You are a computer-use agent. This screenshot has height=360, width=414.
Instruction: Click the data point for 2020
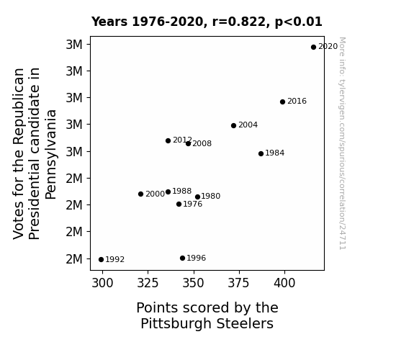click(313, 48)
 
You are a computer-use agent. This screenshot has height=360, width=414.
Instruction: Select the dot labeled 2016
click(282, 102)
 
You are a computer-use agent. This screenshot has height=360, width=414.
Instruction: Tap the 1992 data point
click(101, 260)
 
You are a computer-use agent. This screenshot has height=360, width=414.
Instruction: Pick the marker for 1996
click(182, 258)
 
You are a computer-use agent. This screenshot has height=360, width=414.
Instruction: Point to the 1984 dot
click(261, 153)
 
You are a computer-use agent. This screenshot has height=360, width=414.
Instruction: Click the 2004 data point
click(234, 125)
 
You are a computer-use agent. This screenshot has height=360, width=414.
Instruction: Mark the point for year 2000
click(140, 194)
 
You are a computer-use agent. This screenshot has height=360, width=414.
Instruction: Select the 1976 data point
click(179, 204)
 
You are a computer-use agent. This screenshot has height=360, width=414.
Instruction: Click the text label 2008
click(202, 144)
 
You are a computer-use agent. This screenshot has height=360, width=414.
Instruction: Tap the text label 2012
click(182, 140)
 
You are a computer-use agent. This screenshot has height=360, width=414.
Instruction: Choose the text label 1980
click(211, 197)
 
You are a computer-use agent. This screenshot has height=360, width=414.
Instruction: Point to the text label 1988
click(182, 191)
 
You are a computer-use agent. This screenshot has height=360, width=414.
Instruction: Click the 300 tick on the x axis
click(102, 283)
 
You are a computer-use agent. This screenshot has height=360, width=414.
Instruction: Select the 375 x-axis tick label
click(238, 283)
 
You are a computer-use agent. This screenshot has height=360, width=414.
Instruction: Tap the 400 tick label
click(284, 283)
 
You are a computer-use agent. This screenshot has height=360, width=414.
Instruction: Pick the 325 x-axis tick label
click(148, 283)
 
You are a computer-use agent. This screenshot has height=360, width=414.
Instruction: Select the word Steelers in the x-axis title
click(245, 324)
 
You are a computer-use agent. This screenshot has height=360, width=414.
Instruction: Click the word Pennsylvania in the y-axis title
click(50, 155)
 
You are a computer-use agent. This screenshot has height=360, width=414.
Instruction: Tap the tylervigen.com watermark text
click(342, 143)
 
